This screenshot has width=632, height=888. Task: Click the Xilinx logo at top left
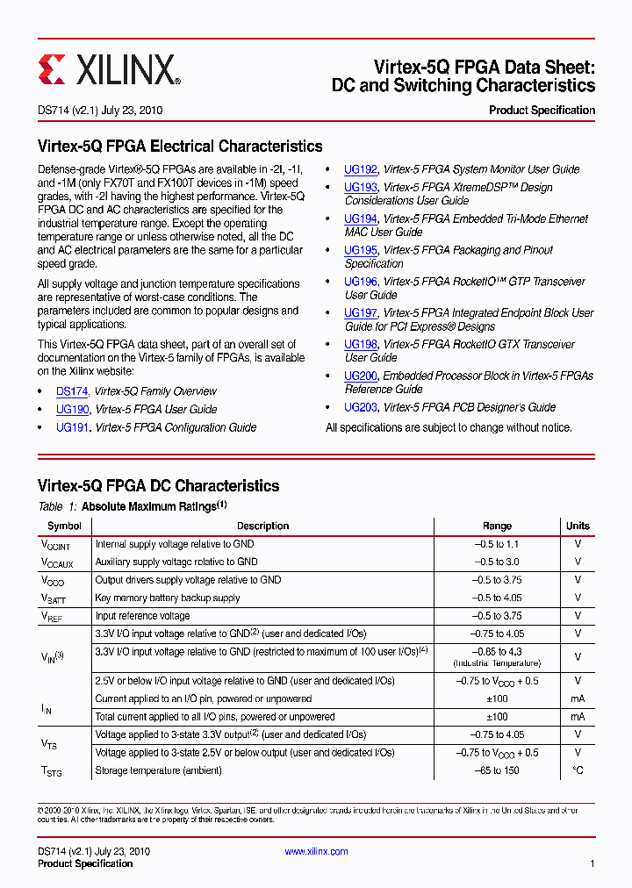click(x=109, y=68)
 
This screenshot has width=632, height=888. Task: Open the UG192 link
click(x=360, y=169)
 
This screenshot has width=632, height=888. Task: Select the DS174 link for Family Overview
click(x=72, y=391)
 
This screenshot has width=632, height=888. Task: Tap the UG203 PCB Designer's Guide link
click(x=360, y=407)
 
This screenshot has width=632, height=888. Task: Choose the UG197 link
click(x=360, y=313)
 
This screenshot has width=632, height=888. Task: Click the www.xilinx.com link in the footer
click(x=316, y=851)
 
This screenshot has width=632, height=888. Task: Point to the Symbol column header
click(x=64, y=526)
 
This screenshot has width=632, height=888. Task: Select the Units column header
click(x=578, y=526)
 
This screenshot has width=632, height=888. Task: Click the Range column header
click(x=497, y=526)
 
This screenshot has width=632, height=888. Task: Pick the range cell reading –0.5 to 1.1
click(x=497, y=544)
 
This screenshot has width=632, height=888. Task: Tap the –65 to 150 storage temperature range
click(x=497, y=770)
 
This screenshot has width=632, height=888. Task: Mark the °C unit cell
click(x=578, y=770)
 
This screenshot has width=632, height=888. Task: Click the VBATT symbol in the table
click(x=53, y=598)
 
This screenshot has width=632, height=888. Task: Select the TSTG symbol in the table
click(x=52, y=771)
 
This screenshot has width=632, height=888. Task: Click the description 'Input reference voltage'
click(x=142, y=616)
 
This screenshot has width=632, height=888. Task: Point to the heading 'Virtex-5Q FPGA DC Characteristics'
click(x=158, y=486)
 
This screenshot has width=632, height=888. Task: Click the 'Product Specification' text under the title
click(x=542, y=111)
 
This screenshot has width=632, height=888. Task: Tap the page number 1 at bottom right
click(x=592, y=864)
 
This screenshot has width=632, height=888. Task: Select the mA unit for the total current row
click(x=578, y=717)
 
